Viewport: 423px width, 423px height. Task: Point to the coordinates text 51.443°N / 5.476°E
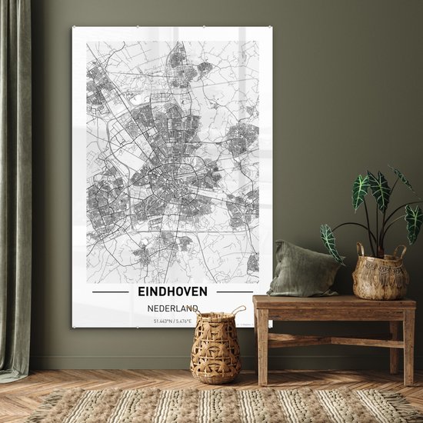[x=172, y=321]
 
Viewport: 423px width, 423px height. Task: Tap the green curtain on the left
[x=14, y=192]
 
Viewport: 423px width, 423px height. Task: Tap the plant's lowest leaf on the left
[x=331, y=243]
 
